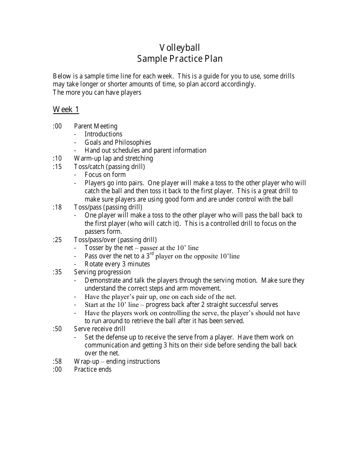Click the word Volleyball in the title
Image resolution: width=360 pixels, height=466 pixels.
click(x=180, y=48)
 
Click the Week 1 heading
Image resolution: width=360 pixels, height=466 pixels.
click(x=66, y=109)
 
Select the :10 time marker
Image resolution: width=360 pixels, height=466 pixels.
click(x=57, y=158)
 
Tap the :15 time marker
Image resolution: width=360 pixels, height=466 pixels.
click(x=57, y=167)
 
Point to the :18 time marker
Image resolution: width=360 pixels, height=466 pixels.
click(x=57, y=207)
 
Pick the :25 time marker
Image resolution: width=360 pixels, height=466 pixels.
click(x=57, y=240)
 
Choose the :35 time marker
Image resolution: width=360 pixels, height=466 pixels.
click(x=57, y=272)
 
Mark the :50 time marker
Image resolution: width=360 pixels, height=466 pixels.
click(x=57, y=329)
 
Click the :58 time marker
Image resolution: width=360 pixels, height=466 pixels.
click(x=57, y=361)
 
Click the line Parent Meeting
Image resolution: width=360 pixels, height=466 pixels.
click(x=95, y=126)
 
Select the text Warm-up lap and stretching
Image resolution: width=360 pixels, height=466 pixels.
click(x=113, y=158)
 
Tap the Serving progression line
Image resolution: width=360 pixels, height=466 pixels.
click(x=102, y=272)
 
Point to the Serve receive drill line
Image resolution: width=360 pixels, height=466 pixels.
click(x=100, y=329)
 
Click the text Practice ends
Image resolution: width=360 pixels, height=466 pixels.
click(x=92, y=369)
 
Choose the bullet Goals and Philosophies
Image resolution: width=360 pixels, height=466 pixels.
click(x=117, y=142)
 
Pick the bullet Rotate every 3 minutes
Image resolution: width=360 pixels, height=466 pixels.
click(x=117, y=264)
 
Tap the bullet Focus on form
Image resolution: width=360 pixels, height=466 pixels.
click(x=105, y=175)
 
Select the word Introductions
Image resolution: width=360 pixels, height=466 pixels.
click(x=103, y=134)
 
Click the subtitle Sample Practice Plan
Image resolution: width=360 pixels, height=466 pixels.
click(x=180, y=59)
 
